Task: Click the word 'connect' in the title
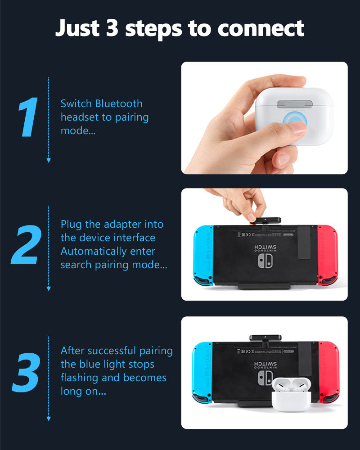[261, 29]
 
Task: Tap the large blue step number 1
[28, 117]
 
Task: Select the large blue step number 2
[26, 244]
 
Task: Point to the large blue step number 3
[26, 373]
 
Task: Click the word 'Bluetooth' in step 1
[119, 103]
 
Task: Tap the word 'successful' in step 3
[112, 351]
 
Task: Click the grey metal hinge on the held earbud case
[295, 104]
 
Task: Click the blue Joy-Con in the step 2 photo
[203, 256]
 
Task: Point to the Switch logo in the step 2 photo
[265, 261]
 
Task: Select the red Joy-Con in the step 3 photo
[329, 372]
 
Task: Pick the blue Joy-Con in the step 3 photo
[202, 373]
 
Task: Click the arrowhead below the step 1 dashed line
[49, 160]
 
